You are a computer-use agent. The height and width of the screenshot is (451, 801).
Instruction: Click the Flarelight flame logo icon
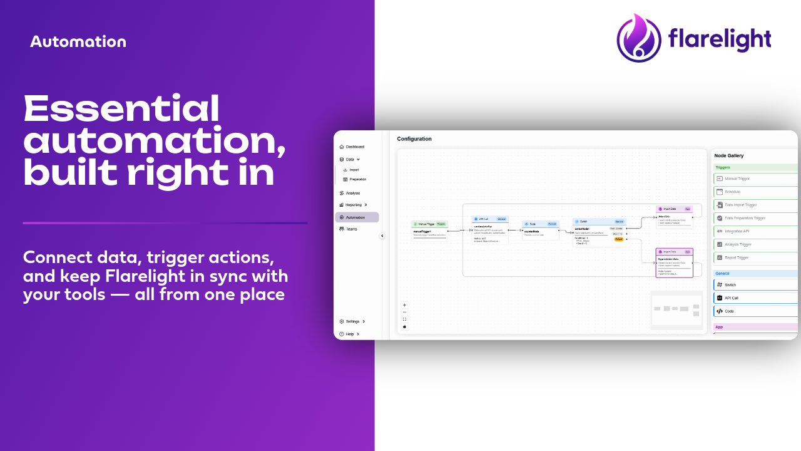pyautogui.click(x=639, y=39)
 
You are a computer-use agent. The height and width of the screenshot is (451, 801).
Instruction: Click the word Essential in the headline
pyautogui.click(x=121, y=109)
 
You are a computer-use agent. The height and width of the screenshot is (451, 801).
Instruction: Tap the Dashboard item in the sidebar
pyautogui.click(x=355, y=147)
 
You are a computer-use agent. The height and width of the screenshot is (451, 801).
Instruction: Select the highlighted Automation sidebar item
pyautogui.click(x=356, y=217)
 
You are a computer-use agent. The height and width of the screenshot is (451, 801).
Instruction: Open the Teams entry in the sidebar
pyautogui.click(x=351, y=229)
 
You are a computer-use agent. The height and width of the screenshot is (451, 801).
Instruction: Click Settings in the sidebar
pyautogui.click(x=352, y=321)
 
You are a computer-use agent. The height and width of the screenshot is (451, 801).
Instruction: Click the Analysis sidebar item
pyautogui.click(x=352, y=193)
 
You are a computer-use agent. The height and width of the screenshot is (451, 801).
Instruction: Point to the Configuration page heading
pyautogui.click(x=414, y=139)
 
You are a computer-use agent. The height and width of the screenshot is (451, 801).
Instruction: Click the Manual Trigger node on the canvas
pyautogui.click(x=430, y=230)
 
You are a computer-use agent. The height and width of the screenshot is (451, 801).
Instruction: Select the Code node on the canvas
pyautogui.click(x=541, y=230)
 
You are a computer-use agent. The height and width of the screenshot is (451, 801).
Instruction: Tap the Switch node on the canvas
pyautogui.click(x=599, y=231)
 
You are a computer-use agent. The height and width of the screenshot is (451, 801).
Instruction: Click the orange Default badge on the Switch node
pyautogui.click(x=619, y=239)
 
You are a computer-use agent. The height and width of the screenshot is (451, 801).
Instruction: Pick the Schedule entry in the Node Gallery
pyautogui.click(x=732, y=192)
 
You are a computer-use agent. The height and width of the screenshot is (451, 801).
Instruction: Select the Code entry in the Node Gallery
pyautogui.click(x=729, y=311)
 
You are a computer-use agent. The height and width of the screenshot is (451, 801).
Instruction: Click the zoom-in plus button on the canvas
pyautogui.click(x=404, y=305)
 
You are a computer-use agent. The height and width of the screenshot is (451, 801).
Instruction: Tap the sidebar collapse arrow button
pyautogui.click(x=382, y=236)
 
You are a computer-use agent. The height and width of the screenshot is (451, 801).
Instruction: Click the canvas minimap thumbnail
pyautogui.click(x=676, y=309)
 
